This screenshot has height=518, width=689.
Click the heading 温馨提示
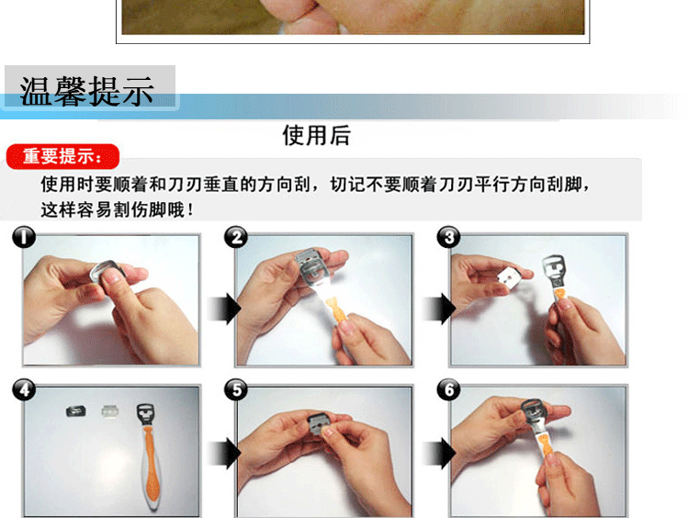tap(86, 91)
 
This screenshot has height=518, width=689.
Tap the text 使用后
tap(316, 135)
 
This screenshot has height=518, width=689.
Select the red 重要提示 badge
tap(62, 156)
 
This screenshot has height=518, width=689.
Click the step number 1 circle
tap(24, 237)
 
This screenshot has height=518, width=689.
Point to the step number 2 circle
tap(236, 237)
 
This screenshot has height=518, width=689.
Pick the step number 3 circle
tap(448, 237)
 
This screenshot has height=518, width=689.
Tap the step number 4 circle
tap(24, 389)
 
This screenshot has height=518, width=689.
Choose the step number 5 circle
tap(236, 389)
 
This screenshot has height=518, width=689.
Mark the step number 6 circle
tap(448, 389)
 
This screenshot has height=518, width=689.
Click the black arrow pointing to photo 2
tap(225, 309)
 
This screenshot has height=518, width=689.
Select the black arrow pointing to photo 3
tap(439, 309)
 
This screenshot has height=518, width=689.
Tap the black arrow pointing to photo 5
tap(225, 453)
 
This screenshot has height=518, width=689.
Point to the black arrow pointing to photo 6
tap(439, 453)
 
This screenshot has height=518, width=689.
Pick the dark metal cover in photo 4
tap(76, 411)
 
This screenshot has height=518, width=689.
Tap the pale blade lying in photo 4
tap(111, 411)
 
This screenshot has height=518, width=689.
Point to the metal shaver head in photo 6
tap(534, 413)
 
